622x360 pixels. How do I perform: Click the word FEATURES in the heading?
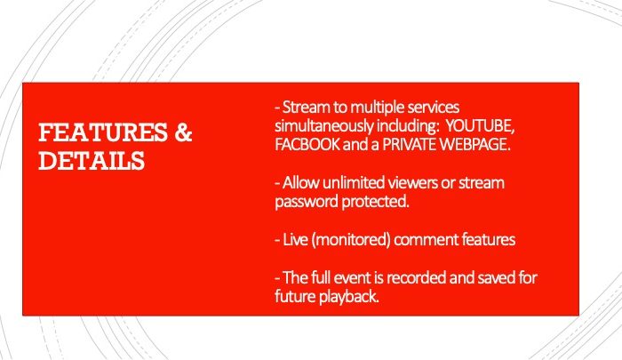pos(103,132)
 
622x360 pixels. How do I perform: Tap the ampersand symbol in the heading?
pos(183,132)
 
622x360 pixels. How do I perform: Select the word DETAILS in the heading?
pos(92,161)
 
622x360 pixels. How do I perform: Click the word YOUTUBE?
pos(481,126)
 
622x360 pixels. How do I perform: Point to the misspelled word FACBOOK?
pos(307,145)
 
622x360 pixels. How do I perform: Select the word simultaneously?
pos(324,126)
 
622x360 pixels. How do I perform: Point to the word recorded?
pos(416,277)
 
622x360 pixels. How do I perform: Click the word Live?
pos(295,240)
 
